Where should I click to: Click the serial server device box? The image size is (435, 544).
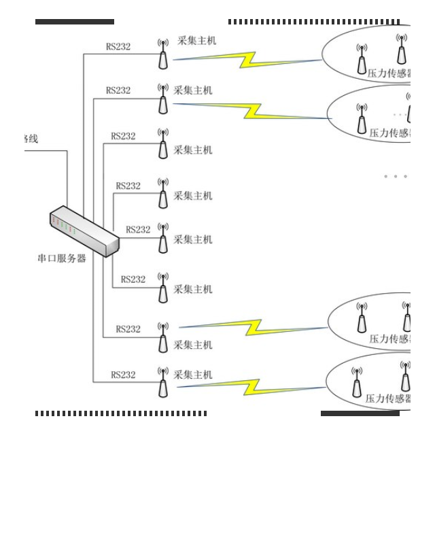84,231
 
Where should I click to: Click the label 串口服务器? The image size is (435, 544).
62,258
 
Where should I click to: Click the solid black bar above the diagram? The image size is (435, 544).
75,22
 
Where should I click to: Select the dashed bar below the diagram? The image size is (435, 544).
121,413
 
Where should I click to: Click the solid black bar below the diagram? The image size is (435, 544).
360,413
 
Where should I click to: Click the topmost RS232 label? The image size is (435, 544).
118,47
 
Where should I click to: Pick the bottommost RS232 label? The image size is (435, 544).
123,375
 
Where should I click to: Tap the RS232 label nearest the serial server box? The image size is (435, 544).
138,230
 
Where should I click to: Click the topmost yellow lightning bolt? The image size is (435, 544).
247,60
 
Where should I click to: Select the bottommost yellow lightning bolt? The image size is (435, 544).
252,387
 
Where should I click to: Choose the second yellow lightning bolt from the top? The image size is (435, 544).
253,110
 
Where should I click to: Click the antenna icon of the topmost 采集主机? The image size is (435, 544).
163,54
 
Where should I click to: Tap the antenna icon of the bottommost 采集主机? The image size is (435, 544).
163,382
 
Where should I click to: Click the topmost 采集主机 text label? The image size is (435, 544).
196,41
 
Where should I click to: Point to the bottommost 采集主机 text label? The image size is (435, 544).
193,375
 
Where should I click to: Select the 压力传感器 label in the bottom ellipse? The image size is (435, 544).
388,398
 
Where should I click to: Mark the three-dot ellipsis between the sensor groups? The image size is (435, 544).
396,176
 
